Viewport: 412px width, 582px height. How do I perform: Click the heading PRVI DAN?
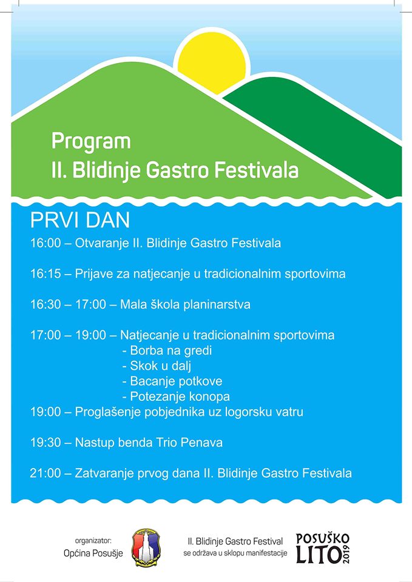pyautogui.click(x=80, y=221)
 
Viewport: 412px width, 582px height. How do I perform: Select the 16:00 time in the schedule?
pyautogui.click(x=46, y=243)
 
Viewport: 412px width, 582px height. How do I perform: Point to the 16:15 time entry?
pyautogui.click(x=46, y=274)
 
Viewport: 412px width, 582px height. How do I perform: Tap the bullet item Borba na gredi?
pyautogui.click(x=167, y=350)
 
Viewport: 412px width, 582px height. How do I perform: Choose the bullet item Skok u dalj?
pyautogui.click(x=157, y=366)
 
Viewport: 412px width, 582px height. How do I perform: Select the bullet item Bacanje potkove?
pyautogui.click(x=172, y=381)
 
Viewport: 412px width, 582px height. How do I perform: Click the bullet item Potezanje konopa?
pyautogui.click(x=176, y=396)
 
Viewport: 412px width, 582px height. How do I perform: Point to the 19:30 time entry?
pyautogui.click(x=46, y=443)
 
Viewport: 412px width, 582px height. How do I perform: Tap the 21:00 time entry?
pyautogui.click(x=46, y=473)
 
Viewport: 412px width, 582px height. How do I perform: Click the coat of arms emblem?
pyautogui.click(x=146, y=547)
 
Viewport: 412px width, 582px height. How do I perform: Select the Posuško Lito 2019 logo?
pyautogui.click(x=322, y=548)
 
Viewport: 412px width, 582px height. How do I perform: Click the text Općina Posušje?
pyautogui.click(x=93, y=554)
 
